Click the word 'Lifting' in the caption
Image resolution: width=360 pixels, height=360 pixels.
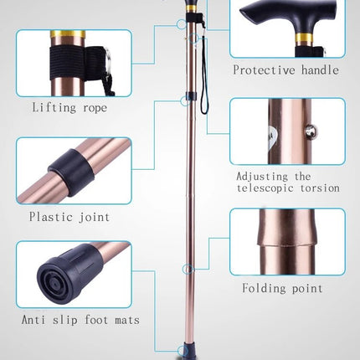54,107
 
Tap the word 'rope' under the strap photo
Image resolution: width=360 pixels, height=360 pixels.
95,108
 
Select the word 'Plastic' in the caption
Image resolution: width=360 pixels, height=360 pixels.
49,216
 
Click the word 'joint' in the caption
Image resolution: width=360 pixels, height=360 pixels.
94,217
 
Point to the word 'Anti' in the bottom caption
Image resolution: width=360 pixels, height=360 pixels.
33,320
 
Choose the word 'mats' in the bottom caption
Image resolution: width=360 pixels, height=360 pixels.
127,320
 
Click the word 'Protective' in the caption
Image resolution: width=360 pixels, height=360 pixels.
264,69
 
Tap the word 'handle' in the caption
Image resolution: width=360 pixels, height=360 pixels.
320,69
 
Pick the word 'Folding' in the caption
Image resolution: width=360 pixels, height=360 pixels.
264,288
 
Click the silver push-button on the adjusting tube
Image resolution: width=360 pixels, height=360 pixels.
311,131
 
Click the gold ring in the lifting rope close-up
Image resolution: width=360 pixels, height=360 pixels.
68,34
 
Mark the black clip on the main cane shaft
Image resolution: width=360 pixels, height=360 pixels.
192,96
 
